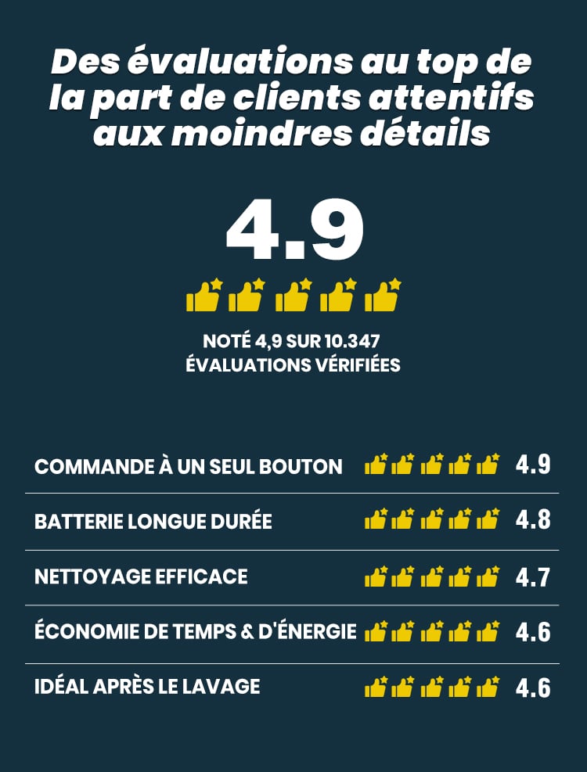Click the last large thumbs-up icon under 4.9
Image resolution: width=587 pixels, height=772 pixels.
point(384,296)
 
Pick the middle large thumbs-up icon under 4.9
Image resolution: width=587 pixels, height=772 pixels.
point(293,296)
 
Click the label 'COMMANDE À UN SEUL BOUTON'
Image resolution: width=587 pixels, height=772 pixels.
point(189,467)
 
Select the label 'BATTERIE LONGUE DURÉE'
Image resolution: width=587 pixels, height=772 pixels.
point(153,522)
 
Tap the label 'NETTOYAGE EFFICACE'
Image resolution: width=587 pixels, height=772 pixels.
point(141,577)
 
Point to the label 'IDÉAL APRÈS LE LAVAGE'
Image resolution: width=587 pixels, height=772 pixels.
point(147,687)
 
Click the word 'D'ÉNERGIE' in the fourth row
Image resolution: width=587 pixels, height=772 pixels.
point(316,631)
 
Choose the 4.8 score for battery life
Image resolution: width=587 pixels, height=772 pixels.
point(533,520)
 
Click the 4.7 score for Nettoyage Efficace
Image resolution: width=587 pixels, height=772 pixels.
point(533,578)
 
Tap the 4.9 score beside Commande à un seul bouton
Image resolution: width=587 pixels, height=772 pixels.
point(533,465)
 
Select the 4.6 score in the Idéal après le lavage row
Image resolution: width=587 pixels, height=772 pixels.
point(533,688)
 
